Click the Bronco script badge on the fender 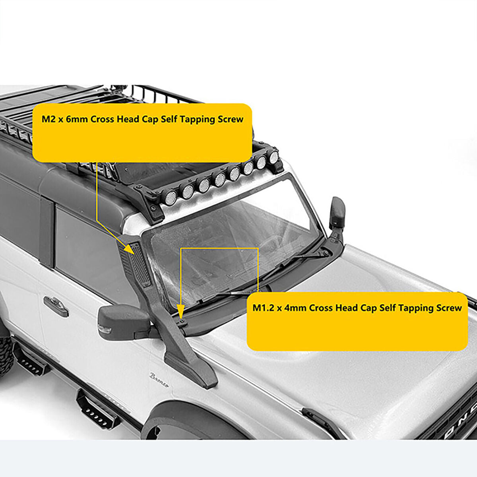pos(159,380)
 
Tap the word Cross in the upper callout pos(102,119)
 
